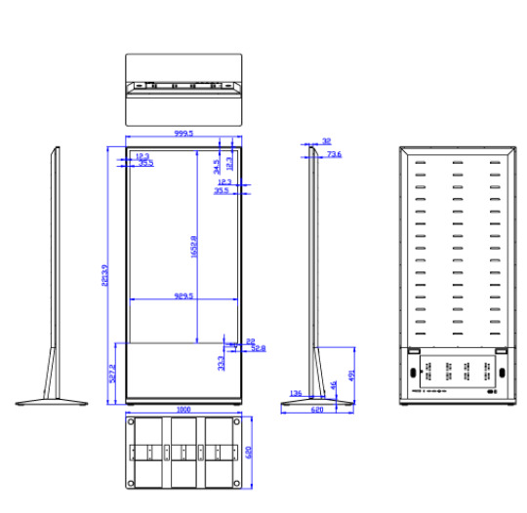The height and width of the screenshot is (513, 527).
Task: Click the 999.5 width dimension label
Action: [x=182, y=134]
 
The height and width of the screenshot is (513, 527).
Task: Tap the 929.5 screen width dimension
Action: [x=182, y=296]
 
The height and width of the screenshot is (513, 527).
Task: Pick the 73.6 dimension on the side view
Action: [x=334, y=154]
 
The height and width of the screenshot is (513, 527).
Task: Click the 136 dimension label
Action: [x=296, y=393]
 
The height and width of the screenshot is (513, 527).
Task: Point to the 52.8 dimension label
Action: [x=258, y=347]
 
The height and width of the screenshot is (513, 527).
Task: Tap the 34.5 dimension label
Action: [x=216, y=166]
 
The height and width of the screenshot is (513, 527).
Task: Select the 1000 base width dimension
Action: [x=182, y=411]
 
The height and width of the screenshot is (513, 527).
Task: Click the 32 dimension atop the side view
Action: [x=325, y=141]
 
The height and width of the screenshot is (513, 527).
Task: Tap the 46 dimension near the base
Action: [x=334, y=386]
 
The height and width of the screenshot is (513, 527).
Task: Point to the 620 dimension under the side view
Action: [x=317, y=411]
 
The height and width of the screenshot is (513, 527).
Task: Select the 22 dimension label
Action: [x=251, y=339]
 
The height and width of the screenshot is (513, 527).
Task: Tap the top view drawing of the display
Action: [x=182, y=88]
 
